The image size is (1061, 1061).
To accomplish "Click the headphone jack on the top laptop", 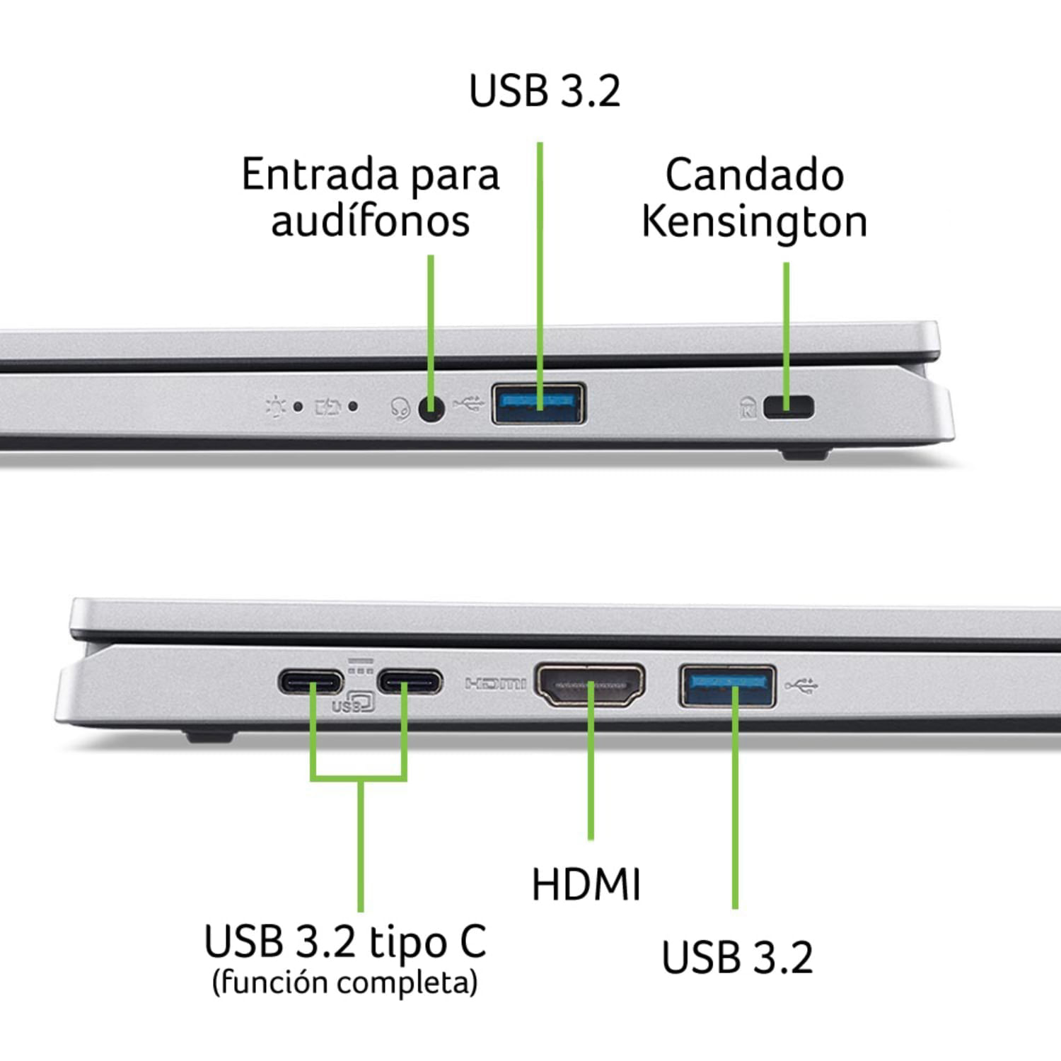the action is (x=431, y=408).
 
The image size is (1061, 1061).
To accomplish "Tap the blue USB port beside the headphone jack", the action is (x=538, y=403).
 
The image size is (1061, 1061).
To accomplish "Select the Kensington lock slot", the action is (x=789, y=407).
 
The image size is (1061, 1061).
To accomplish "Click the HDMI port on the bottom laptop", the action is (x=590, y=685).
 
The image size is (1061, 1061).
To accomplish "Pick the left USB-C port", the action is (x=311, y=683).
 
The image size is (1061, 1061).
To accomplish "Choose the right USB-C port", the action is (x=410, y=683).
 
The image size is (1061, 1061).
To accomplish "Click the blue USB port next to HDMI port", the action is (x=727, y=685).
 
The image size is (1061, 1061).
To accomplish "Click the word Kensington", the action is (x=754, y=222).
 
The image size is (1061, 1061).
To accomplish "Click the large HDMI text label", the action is (x=586, y=884).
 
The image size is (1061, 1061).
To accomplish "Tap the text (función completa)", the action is (x=345, y=982).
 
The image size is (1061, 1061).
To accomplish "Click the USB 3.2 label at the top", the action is (x=545, y=91).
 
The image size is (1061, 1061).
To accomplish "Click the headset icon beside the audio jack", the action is (x=400, y=409).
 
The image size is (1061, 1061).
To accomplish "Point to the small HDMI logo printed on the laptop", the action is (x=495, y=683).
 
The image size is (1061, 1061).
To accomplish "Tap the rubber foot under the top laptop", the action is (x=805, y=454).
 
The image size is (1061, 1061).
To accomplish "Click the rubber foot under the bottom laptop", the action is (x=209, y=735).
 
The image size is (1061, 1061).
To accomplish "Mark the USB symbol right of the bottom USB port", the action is (x=802, y=685).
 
